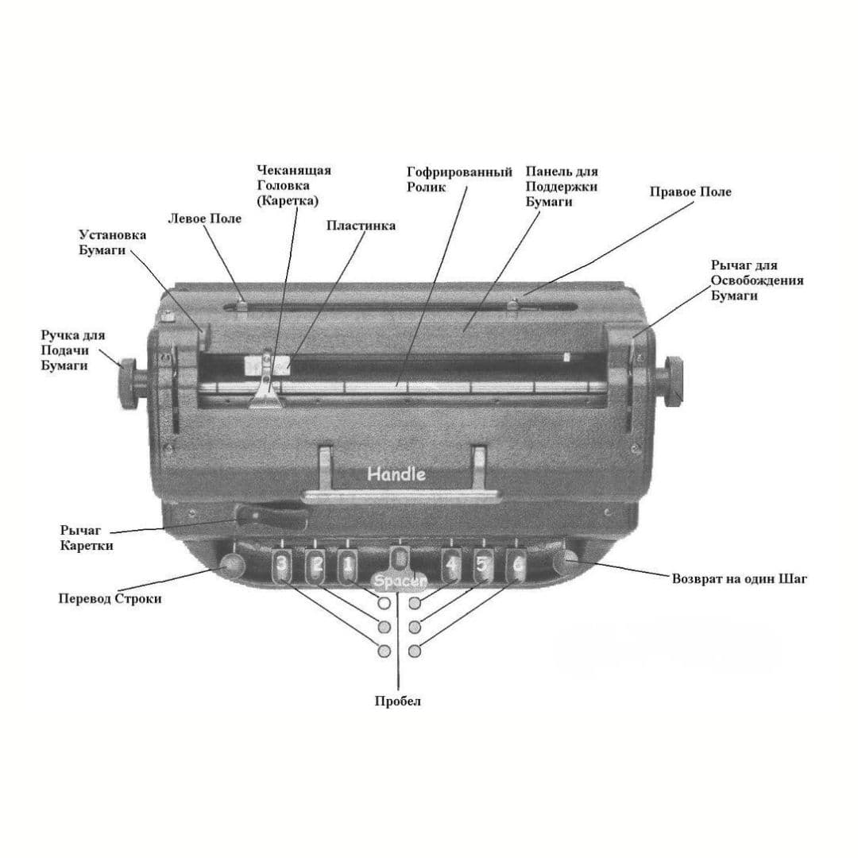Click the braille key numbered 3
click(280, 566)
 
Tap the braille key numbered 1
click(348, 566)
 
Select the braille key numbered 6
click(517, 566)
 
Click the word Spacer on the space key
click(400, 581)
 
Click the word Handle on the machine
click(396, 473)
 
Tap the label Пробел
click(398, 701)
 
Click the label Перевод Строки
click(110, 599)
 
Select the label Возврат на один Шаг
click(740, 578)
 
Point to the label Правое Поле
click(690, 192)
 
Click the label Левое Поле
click(204, 218)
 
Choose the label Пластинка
click(361, 226)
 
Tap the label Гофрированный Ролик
click(459, 180)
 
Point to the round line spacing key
click(232, 564)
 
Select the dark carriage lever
click(272, 516)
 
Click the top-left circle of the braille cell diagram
click(385, 603)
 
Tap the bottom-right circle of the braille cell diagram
click(415, 651)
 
